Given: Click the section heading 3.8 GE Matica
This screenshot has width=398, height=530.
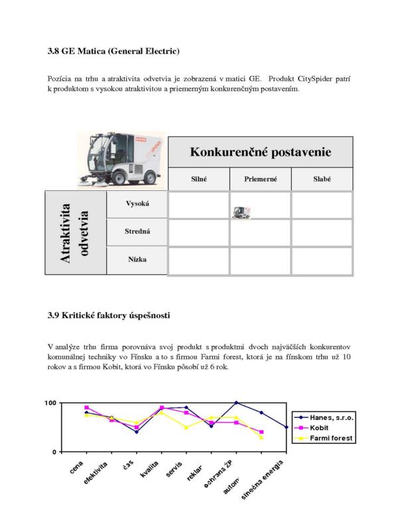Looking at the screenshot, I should click(x=114, y=51).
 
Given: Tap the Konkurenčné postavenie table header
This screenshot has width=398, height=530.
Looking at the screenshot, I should click(x=260, y=152).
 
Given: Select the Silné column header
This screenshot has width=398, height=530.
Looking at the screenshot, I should click(x=198, y=179).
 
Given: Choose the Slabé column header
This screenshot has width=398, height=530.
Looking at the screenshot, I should click(x=322, y=179).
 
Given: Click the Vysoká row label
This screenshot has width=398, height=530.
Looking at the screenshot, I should click(x=137, y=204).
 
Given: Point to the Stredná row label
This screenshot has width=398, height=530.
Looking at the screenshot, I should click(x=137, y=232).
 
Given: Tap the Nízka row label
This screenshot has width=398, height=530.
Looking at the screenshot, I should click(x=137, y=260).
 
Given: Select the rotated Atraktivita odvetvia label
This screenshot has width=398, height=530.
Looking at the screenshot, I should click(x=76, y=233).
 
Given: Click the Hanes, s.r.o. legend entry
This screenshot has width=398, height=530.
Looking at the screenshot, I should click(x=327, y=417).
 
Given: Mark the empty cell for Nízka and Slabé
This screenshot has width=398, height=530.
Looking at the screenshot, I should click(x=322, y=260).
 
